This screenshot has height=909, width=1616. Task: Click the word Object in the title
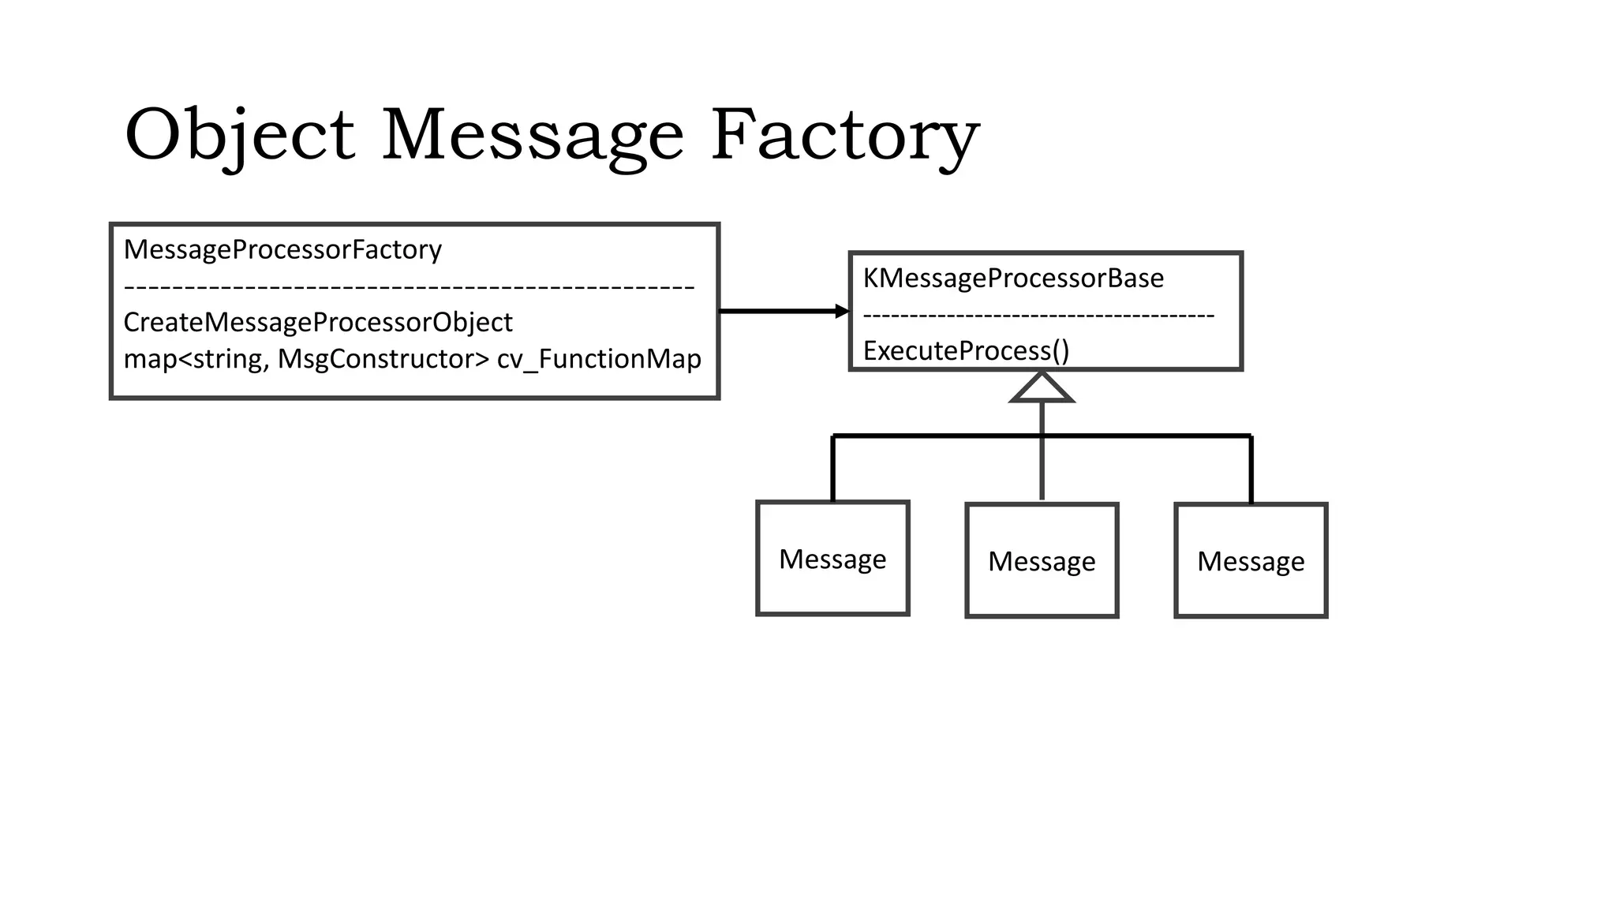click(x=239, y=136)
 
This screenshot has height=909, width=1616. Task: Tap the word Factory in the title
click(x=844, y=136)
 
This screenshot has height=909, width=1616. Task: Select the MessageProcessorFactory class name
click(x=282, y=249)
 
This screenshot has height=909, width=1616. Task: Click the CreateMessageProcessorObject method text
click(x=318, y=322)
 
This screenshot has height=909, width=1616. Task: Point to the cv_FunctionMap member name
click(x=599, y=359)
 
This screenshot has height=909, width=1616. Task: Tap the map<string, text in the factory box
click(x=196, y=359)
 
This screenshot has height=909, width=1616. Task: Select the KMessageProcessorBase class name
click(x=1013, y=278)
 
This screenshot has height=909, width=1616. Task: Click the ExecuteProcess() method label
click(x=966, y=350)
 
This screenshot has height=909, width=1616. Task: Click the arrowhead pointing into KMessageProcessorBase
click(x=842, y=312)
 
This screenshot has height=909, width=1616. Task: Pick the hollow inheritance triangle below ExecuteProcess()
click(x=1042, y=388)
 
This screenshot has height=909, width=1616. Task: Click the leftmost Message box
click(x=832, y=559)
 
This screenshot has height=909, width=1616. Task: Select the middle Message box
click(x=1042, y=560)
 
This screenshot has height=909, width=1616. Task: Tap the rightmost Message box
click(x=1251, y=560)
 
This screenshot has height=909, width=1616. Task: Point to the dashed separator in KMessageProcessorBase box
click(x=1038, y=316)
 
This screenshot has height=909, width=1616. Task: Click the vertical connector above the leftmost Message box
click(x=832, y=469)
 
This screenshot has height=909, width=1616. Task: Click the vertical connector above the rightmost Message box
click(x=1251, y=469)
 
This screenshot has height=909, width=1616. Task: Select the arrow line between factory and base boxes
click(x=777, y=312)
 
